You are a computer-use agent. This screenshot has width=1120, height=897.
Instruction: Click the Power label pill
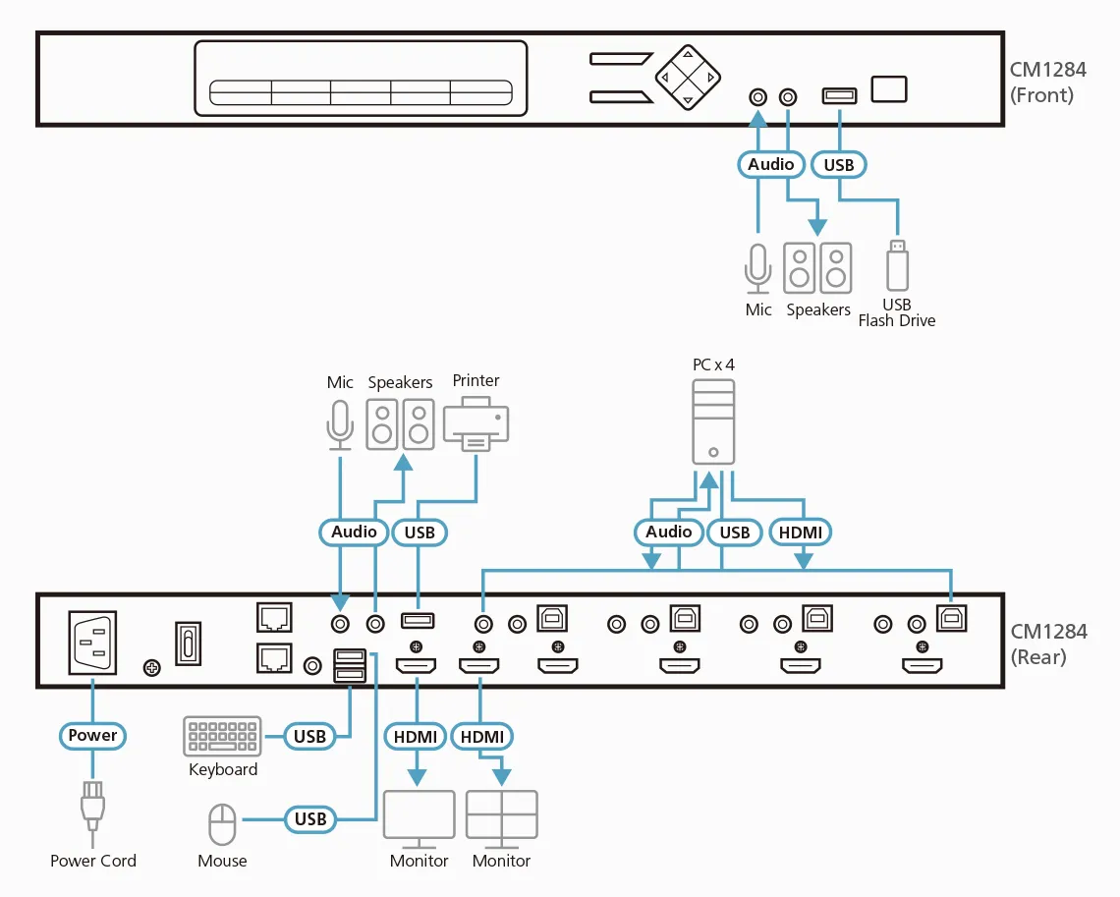coord(92,735)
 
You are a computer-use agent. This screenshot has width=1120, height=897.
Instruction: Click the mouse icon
coord(223,823)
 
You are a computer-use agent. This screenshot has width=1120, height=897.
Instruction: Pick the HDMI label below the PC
coord(803,532)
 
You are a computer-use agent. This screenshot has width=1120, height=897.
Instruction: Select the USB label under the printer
coord(420,532)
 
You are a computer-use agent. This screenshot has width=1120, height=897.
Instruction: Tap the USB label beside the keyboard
coord(309,735)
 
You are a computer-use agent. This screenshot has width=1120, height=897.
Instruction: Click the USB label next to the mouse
coord(309,817)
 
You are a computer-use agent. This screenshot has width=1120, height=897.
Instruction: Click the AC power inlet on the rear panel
coord(91,643)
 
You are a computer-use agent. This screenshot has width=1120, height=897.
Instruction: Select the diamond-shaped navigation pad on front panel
coord(688,76)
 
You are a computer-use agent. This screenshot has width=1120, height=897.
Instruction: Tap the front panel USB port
coord(839,95)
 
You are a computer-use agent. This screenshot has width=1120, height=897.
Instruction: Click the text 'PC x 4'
coord(713,364)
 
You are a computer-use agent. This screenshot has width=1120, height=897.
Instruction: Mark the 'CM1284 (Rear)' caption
coord(1048,644)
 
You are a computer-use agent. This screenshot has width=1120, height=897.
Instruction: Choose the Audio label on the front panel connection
coord(771,164)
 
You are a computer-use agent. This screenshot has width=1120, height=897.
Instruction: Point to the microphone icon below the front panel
coord(757,267)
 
